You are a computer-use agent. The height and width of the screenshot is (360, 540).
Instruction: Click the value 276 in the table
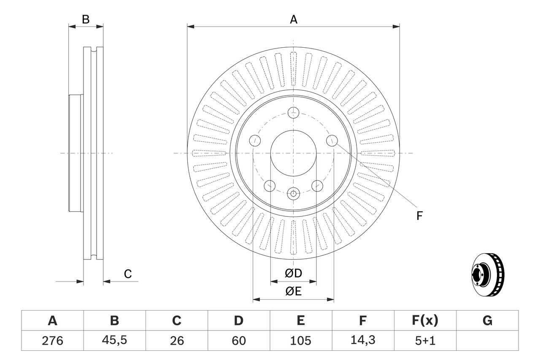point(52,341)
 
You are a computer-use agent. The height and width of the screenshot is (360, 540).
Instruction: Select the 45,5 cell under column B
point(114,341)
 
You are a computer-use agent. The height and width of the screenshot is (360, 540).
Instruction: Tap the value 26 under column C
point(176,341)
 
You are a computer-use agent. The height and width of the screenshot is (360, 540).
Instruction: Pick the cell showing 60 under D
point(238,341)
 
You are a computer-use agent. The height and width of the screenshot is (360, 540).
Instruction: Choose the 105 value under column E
point(300,341)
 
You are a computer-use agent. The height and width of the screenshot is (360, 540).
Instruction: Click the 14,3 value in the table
point(362,341)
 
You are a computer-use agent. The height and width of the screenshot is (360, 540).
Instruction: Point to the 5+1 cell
point(425,341)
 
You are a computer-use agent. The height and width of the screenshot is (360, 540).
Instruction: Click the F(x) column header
point(425,321)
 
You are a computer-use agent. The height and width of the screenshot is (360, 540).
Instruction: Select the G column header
point(487,321)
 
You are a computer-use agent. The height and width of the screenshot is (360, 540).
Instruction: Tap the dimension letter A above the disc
point(293,19)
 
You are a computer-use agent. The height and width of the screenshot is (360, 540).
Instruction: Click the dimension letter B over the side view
point(86,19)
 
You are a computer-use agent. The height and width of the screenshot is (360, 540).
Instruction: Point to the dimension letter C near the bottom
point(128,274)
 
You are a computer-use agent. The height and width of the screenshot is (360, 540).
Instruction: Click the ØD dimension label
point(293,273)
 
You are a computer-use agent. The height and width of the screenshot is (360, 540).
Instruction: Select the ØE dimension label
point(293,291)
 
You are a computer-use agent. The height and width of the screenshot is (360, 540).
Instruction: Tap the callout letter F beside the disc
point(419,216)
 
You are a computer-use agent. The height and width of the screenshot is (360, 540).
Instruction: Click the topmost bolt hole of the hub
point(293,113)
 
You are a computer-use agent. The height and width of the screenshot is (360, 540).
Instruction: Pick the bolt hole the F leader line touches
point(332,141)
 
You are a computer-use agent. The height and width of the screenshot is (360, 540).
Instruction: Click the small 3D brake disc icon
point(487,275)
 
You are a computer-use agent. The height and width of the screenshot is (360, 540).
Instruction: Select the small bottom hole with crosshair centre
point(293,194)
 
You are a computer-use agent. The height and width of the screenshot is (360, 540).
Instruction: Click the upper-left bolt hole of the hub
point(255,141)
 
